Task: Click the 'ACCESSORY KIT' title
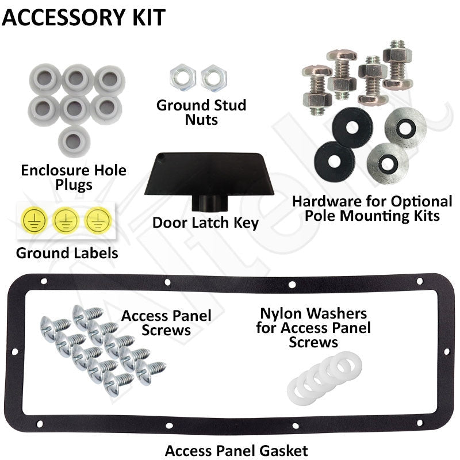83,18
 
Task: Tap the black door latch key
209,179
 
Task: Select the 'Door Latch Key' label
205,223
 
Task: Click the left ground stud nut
183,78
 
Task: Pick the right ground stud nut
213,78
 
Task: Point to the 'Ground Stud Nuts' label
201,112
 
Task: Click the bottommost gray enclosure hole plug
74,141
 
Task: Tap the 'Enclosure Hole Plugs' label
74,178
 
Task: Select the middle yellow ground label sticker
66,220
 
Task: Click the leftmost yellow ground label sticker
34,220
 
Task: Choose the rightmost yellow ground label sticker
98,220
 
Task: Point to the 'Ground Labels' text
67,253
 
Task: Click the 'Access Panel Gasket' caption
236,451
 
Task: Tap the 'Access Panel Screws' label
166,323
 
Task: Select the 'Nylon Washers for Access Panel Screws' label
313,328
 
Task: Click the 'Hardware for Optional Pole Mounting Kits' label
372,209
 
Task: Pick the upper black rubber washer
352,128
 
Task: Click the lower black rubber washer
335,162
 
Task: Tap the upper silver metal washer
405,128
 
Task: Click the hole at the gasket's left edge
14,351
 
